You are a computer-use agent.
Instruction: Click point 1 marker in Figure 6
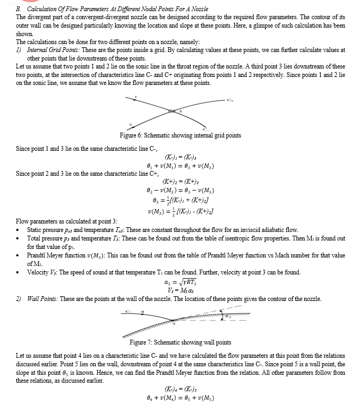(135, 97)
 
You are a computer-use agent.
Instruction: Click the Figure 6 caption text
(181, 135)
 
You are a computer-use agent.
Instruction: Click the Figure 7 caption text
(181, 342)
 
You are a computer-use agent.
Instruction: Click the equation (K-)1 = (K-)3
(181, 157)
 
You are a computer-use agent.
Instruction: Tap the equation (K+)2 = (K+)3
(181, 182)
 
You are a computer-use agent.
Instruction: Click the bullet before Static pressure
(19, 230)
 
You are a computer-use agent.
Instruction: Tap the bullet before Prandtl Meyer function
(19, 255)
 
